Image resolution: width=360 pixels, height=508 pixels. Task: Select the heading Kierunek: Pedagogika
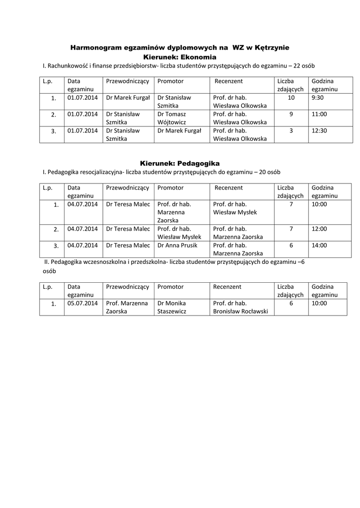[x=179, y=163]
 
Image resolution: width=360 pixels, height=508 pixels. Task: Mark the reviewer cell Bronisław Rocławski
[x=240, y=307]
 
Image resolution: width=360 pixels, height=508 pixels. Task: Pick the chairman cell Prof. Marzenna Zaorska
[x=127, y=307]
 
